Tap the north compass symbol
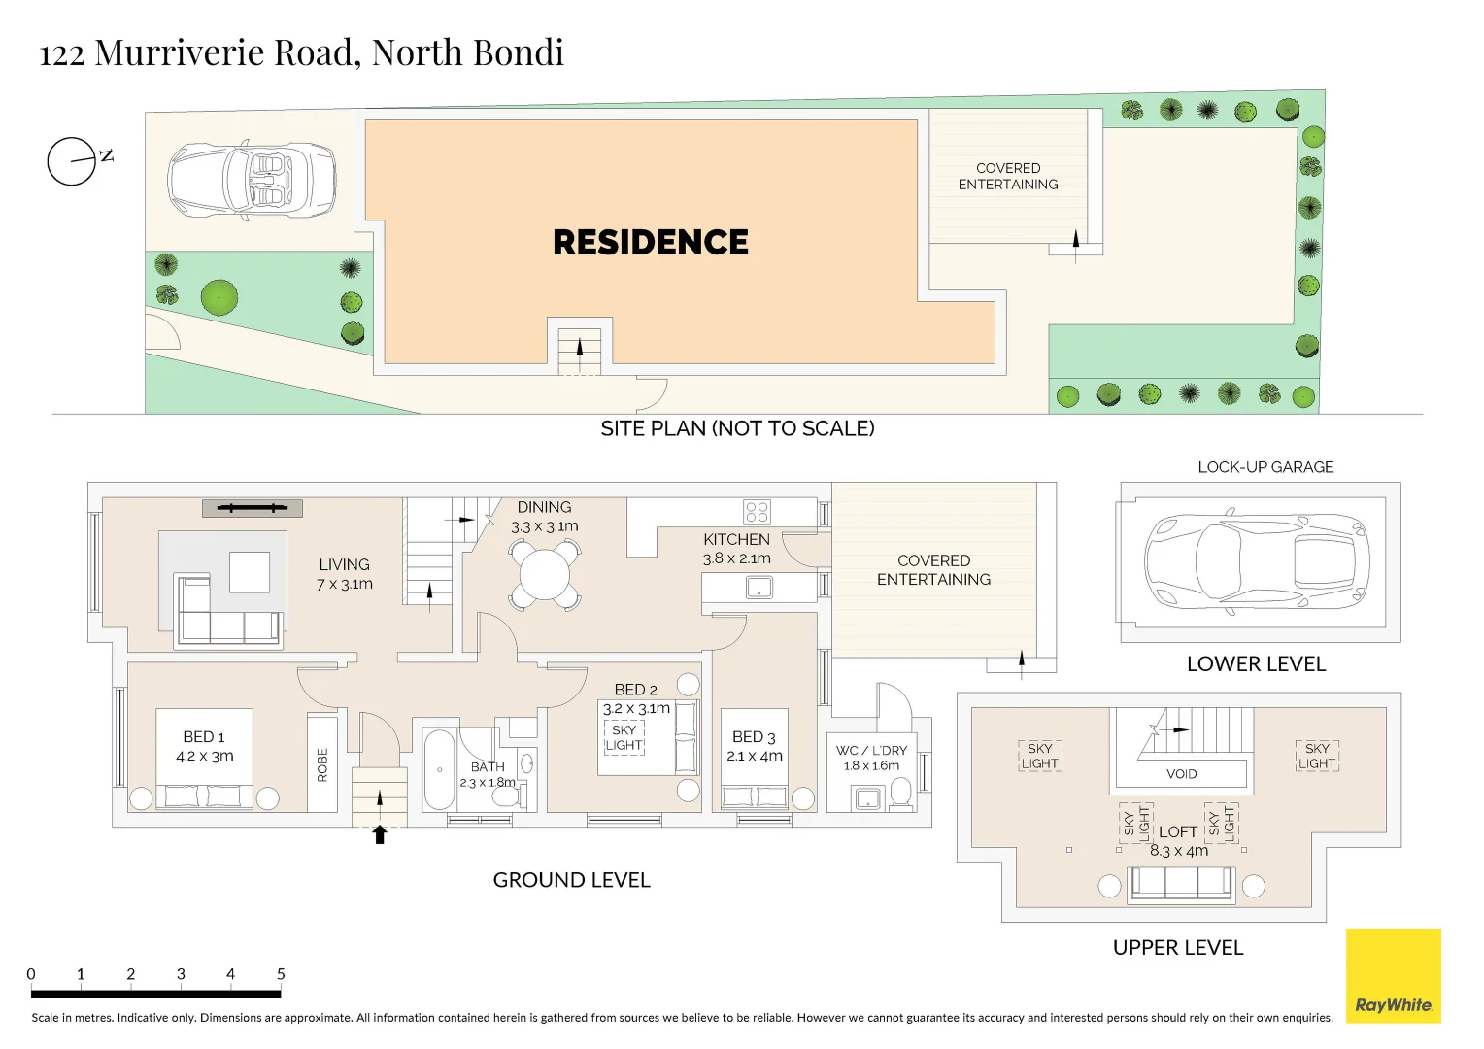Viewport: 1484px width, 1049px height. coord(73,161)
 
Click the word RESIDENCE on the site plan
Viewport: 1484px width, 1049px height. coord(651,242)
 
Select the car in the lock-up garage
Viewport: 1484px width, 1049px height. coord(1257,561)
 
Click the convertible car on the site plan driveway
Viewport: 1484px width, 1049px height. coord(252,180)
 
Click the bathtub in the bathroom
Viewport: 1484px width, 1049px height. coord(440,769)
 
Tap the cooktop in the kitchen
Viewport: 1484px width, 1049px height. coord(757,511)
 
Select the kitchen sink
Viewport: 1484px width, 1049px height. coord(759,588)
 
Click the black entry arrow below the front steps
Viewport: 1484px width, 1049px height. coord(380,834)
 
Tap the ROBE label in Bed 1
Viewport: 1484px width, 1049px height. coord(322,764)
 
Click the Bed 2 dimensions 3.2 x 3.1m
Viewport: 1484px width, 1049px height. coord(636,709)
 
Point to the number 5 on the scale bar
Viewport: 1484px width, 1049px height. coord(281,973)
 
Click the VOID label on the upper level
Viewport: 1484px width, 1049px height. coord(1181,774)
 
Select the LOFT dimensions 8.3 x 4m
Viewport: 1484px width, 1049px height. coord(1179,851)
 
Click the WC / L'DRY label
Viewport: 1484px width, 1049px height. coord(871,750)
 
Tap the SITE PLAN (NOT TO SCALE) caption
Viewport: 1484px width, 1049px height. coord(737,428)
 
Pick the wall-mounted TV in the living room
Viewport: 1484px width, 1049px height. coord(253,508)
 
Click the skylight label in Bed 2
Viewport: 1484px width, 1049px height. coord(624,737)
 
